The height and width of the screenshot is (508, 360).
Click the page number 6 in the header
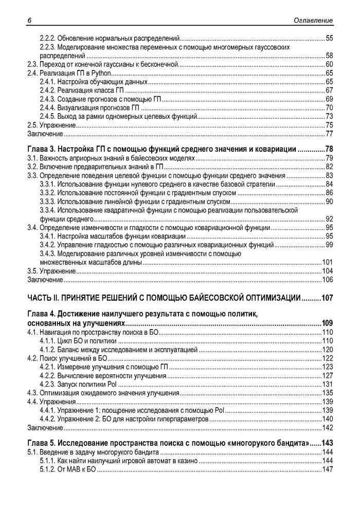[x=29, y=21]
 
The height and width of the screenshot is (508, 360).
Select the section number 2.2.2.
[x=47, y=38]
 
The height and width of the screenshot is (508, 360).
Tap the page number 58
[x=329, y=56]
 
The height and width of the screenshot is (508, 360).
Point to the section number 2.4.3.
[x=47, y=99]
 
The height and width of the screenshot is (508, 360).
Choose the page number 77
[x=329, y=134]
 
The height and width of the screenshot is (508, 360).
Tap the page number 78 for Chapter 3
[x=328, y=149]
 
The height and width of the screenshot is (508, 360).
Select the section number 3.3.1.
[x=47, y=184]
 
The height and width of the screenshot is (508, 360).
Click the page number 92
[x=329, y=219]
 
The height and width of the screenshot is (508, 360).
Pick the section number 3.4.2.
[x=47, y=245]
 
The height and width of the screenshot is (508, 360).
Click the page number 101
[x=328, y=262]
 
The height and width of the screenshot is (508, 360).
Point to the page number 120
[x=328, y=350]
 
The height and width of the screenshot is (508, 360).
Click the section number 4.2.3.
[x=47, y=385]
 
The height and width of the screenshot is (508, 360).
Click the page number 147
[x=328, y=469]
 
